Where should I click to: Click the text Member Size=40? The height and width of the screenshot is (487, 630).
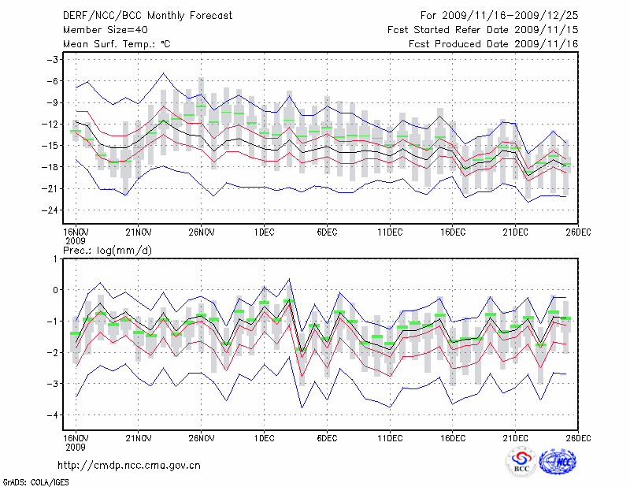pos(103,29)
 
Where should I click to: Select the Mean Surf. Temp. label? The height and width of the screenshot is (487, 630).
pos(116,44)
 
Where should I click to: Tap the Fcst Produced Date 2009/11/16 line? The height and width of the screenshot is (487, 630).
pos(494,44)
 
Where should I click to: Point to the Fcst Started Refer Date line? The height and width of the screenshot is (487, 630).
pos(483,29)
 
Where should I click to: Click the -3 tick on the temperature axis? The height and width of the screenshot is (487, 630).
pos(54,60)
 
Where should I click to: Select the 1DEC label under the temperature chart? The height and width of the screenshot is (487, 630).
pos(264,232)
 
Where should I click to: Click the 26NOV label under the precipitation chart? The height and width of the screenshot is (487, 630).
pos(202,437)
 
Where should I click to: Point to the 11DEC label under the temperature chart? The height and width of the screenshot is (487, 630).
pos(390,232)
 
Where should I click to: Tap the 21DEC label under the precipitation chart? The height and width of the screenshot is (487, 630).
pos(516,437)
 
